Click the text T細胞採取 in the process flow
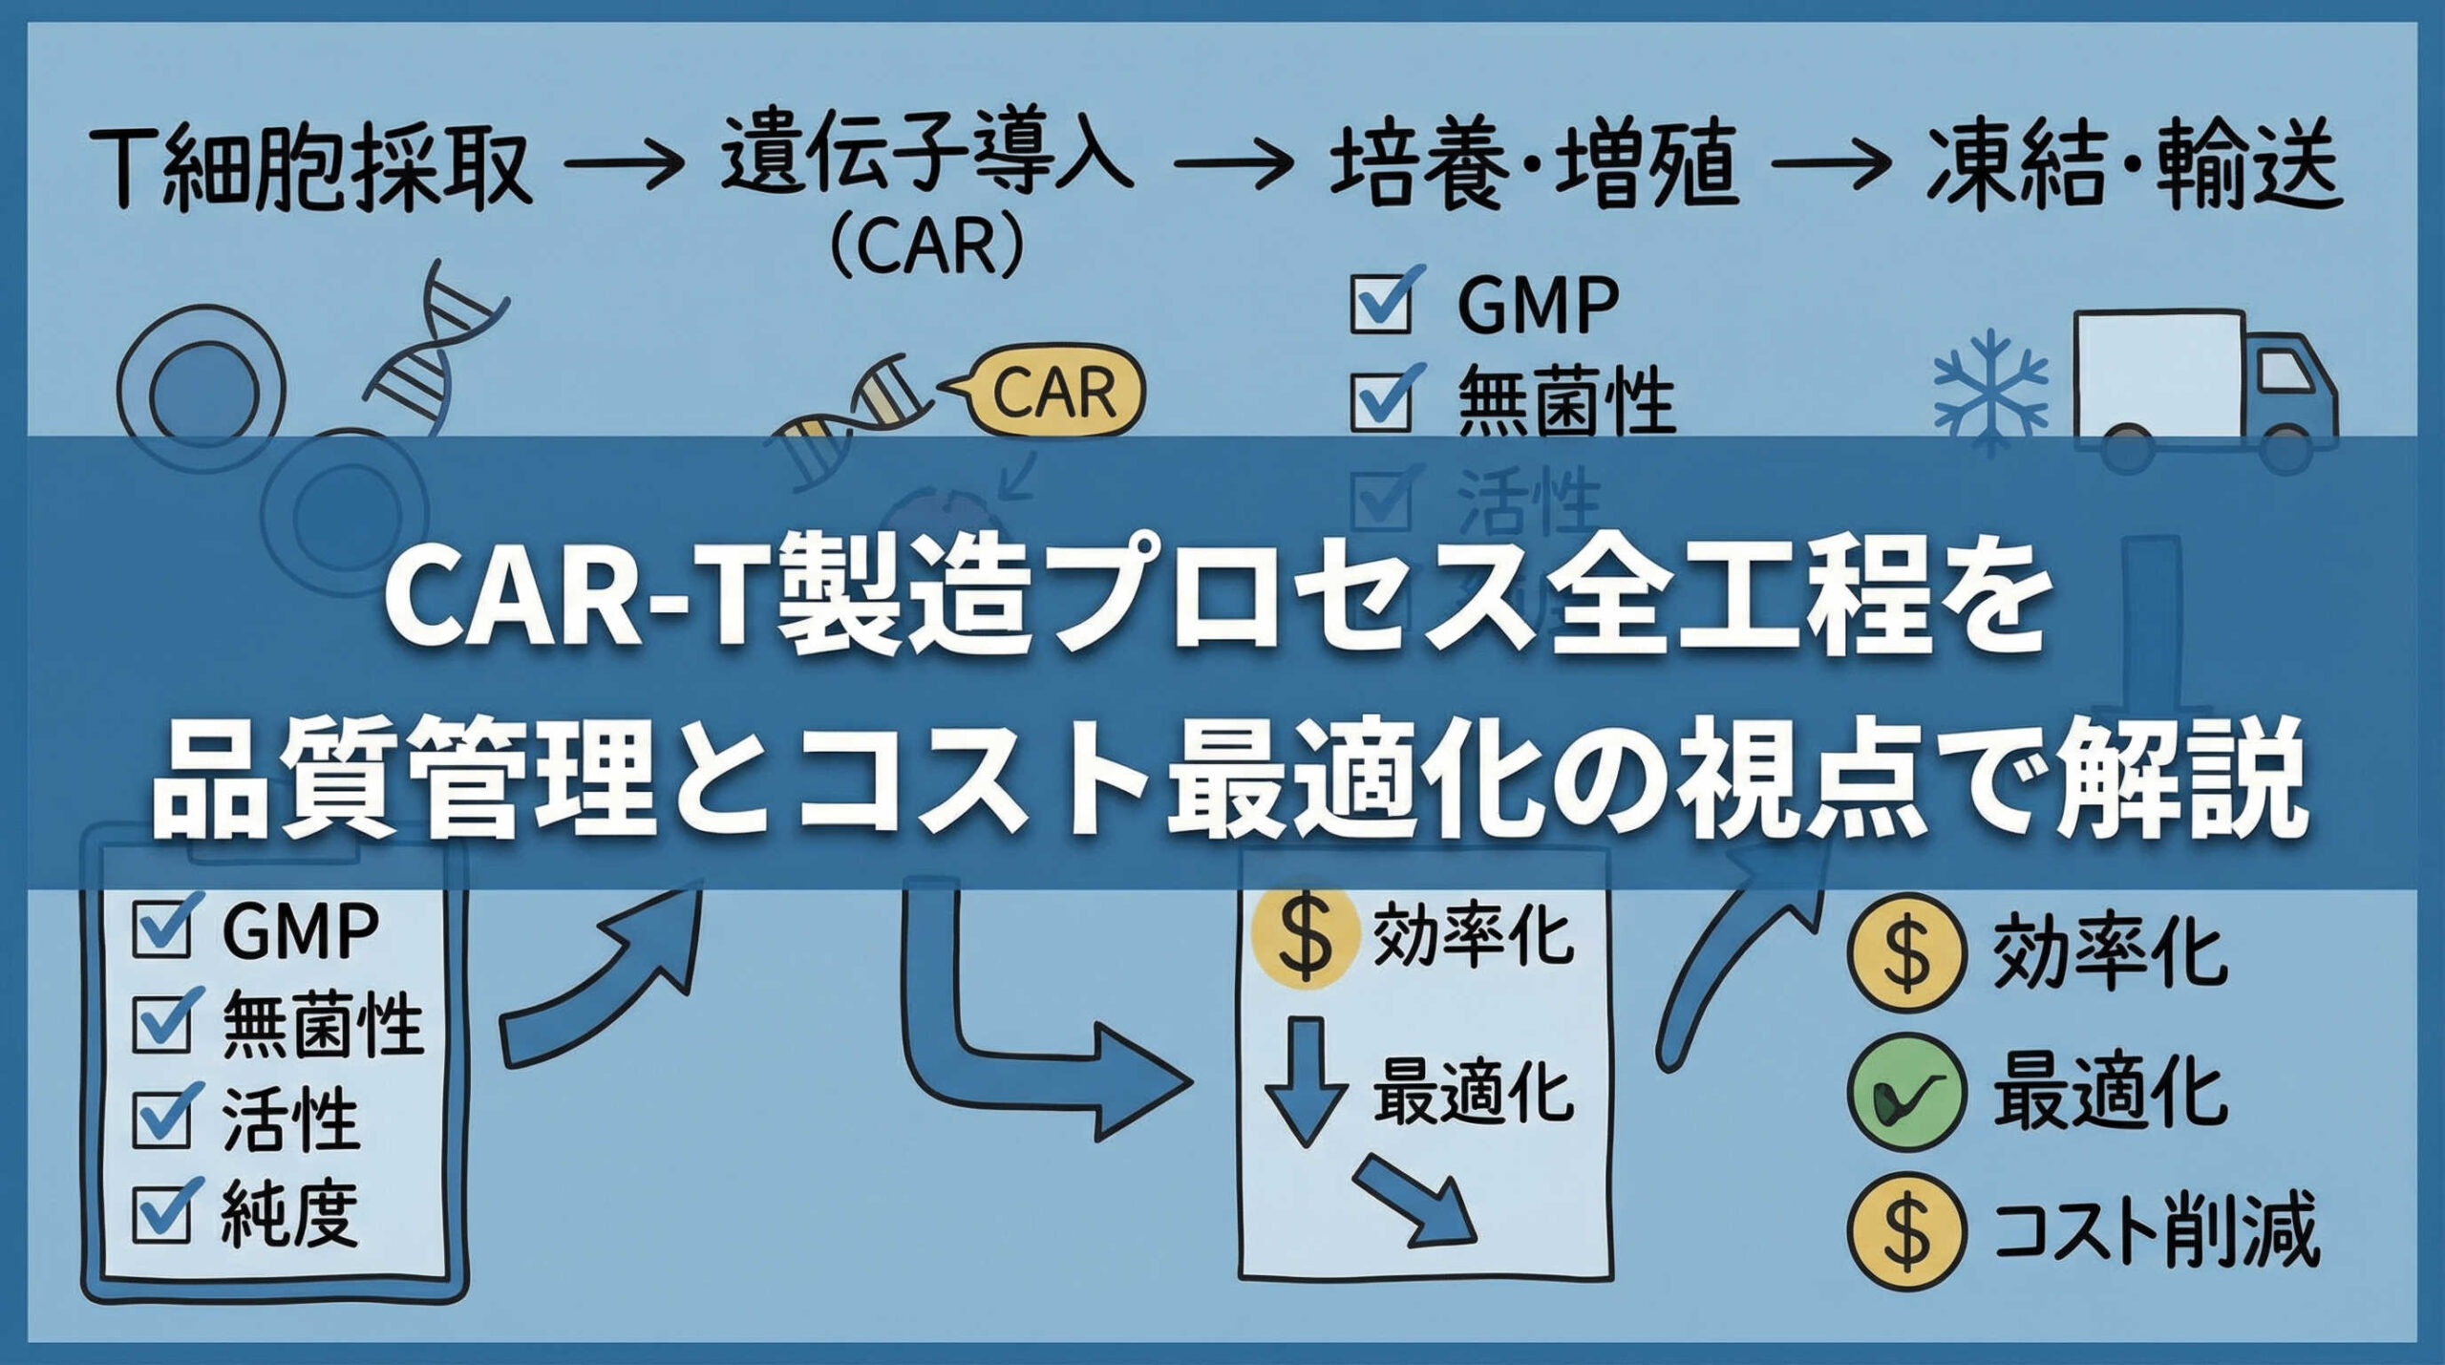click(310, 170)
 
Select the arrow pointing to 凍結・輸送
click(1829, 164)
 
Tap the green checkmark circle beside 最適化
click(1906, 1092)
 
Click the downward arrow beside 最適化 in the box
click(1306, 1079)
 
